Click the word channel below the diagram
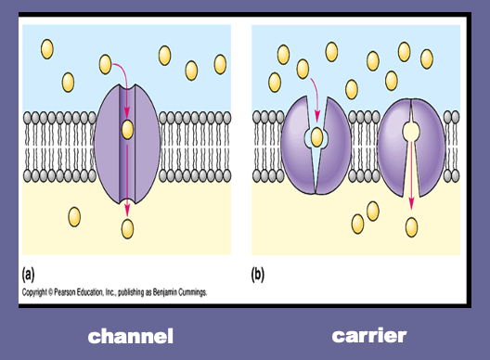[130, 336]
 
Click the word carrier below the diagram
[369, 336]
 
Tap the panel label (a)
[28, 275]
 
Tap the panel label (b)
[257, 275]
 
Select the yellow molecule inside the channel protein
[127, 129]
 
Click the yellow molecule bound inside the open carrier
[316, 137]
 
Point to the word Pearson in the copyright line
[65, 292]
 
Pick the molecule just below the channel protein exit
[127, 229]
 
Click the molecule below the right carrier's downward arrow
[411, 227]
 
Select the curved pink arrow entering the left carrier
[316, 98]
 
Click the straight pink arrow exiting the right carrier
[411, 175]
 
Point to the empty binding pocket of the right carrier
[410, 131]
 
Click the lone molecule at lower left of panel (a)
[74, 217]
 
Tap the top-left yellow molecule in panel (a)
[47, 49]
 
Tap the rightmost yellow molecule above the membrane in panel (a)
[220, 64]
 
